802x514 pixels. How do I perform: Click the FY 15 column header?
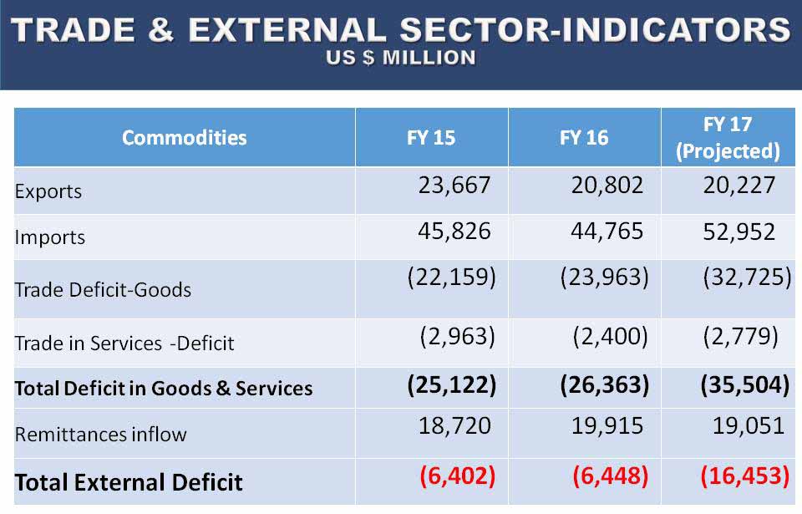[x=431, y=138]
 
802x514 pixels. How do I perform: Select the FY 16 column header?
[x=584, y=138]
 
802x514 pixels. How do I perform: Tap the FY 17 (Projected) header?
[x=728, y=138]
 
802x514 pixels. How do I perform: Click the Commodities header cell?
[x=185, y=138]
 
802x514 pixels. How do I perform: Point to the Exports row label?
[x=48, y=191]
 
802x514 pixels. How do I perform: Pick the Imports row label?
[x=50, y=237]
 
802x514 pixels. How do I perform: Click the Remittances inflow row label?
[x=100, y=435]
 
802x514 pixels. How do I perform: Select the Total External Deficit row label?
[x=129, y=482]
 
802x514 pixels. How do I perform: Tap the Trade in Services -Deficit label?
[x=124, y=344]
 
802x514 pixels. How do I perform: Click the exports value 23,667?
[x=454, y=186]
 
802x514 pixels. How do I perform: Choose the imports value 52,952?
[x=739, y=232]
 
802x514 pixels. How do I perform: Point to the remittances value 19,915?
[x=607, y=426]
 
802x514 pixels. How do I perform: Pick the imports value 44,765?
[x=607, y=231]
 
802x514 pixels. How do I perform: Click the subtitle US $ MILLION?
[x=401, y=58]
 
